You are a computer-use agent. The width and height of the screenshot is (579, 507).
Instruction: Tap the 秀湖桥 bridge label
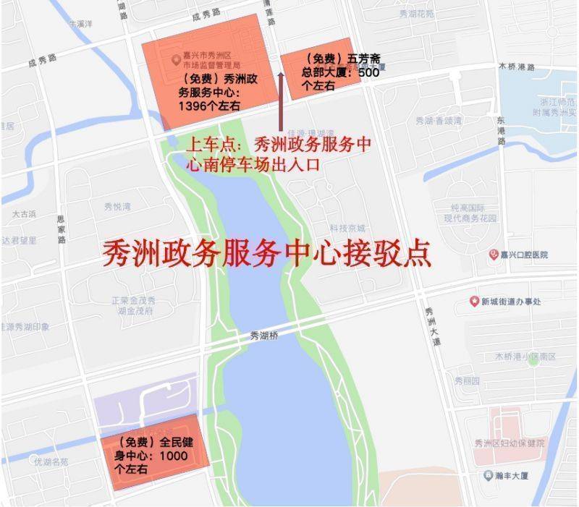[263, 335]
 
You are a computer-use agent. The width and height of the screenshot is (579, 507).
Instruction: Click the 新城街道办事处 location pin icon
[475, 301]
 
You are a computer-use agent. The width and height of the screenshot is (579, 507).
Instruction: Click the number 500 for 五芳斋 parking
[368, 72]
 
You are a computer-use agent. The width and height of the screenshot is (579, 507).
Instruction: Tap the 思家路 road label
[62, 229]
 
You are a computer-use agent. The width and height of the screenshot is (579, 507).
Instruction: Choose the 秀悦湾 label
[117, 206]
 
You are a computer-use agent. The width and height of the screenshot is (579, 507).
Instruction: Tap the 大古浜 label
[24, 215]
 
